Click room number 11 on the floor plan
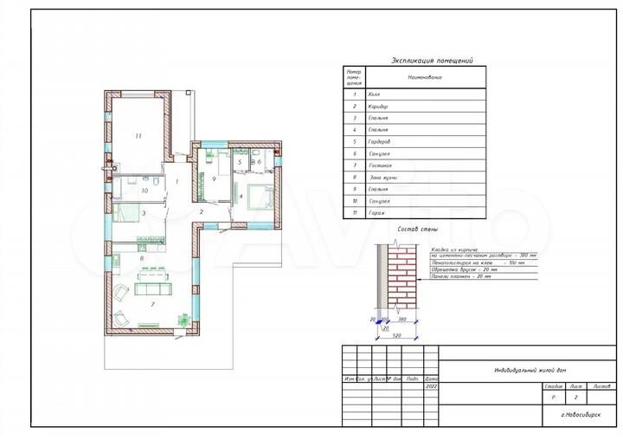point(138,136)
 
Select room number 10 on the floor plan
point(145,191)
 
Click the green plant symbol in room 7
point(183,318)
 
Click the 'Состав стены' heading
point(413,230)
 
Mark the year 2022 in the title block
point(432,387)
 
